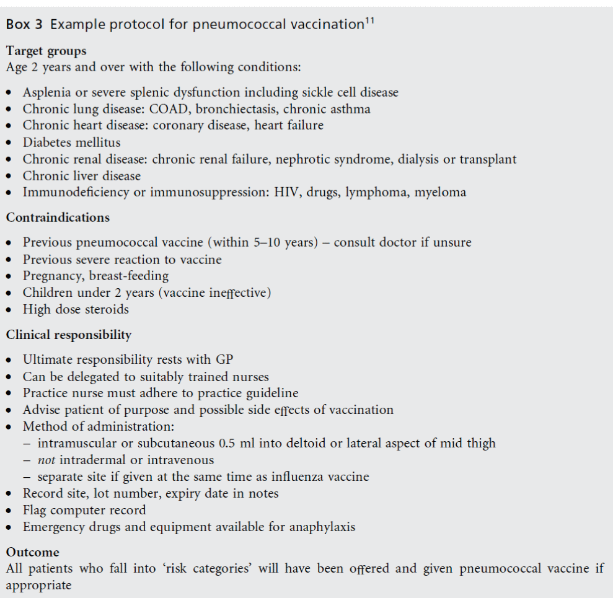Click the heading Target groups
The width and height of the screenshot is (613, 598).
coord(46,51)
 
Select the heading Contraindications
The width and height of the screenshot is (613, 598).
coord(58,218)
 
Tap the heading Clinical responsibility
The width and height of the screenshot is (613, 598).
coord(69,335)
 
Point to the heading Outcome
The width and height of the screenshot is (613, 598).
coord(33,552)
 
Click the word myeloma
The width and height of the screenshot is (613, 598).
coord(440,193)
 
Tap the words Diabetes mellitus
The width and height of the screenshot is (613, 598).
coord(72,143)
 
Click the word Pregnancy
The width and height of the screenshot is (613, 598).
coord(52,276)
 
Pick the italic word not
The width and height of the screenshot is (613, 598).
coord(46,460)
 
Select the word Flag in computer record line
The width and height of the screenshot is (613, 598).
coord(35,511)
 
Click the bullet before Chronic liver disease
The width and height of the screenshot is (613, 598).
coord(10,177)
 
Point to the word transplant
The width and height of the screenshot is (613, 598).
coord(488,159)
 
